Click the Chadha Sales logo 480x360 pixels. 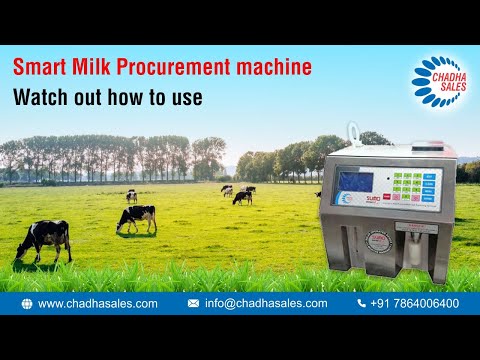[439, 79]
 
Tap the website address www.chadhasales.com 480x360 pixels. [98, 303]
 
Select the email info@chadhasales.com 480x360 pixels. [266, 303]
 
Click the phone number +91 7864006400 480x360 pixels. [415, 303]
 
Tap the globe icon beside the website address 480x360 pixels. [26, 303]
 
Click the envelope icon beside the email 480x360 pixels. [193, 303]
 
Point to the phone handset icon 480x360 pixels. [362, 303]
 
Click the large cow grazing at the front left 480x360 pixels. [43, 239]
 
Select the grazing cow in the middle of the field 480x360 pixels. [136, 217]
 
